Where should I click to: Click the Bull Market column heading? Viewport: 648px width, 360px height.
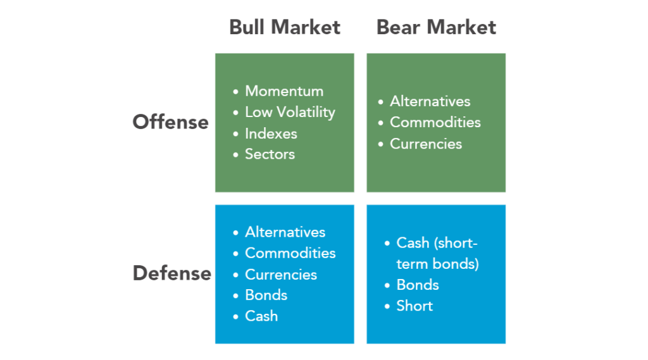(285, 27)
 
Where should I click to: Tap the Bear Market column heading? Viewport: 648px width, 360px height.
(436, 27)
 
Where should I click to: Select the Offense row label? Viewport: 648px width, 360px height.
(170, 122)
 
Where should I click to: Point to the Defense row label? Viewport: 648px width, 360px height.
(172, 273)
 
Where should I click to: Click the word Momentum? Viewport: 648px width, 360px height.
(284, 91)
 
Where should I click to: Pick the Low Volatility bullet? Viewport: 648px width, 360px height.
(290, 113)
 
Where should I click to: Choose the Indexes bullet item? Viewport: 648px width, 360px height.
(271, 133)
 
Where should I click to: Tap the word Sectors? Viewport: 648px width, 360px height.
(270, 154)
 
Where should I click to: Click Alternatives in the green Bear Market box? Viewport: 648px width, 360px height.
(430, 101)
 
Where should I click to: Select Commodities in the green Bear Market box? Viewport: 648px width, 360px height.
(435, 122)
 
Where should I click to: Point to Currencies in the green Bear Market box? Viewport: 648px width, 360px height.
(426, 144)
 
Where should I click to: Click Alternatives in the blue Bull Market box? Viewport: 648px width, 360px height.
(285, 232)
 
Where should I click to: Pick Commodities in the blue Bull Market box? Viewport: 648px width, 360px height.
(290, 253)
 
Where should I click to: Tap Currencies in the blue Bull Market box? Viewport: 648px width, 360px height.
(281, 275)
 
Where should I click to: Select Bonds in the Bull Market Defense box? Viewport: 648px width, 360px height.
(266, 295)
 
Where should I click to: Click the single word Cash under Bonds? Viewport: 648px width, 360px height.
(261, 316)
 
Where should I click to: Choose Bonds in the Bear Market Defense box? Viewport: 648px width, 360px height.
(418, 285)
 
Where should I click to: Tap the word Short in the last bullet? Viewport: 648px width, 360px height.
(414, 306)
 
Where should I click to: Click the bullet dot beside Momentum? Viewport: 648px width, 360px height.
(235, 92)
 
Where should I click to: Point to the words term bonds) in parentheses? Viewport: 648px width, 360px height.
(438, 264)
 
